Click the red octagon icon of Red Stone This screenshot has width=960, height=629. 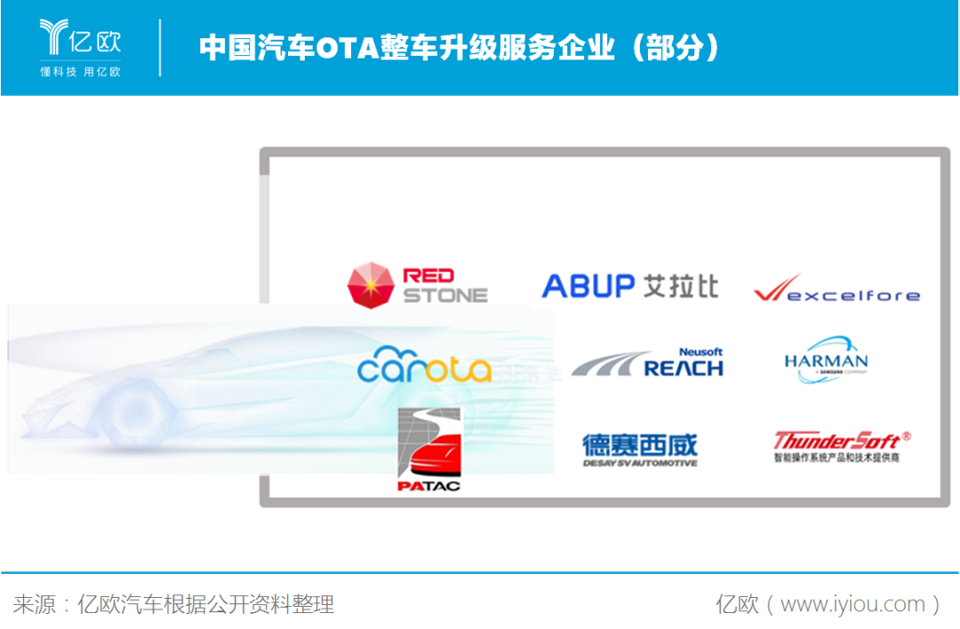pyautogui.click(x=372, y=284)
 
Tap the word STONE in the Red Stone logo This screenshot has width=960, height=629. pyautogui.click(x=445, y=295)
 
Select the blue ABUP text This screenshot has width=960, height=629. pyautogui.click(x=588, y=286)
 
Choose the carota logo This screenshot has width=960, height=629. pyautogui.click(x=424, y=365)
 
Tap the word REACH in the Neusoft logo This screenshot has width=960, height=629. pyautogui.click(x=683, y=368)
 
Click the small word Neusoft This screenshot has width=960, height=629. pyautogui.click(x=701, y=352)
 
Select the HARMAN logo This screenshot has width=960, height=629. pyautogui.click(x=826, y=361)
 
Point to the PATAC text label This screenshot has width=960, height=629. pyautogui.click(x=428, y=486)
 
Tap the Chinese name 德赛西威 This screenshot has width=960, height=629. pyautogui.click(x=640, y=444)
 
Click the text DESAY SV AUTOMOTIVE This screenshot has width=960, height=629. pyautogui.click(x=640, y=463)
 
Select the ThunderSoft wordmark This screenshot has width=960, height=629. pyautogui.click(x=836, y=440)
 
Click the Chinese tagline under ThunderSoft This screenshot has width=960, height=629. pyautogui.click(x=836, y=458)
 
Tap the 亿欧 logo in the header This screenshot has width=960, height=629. pyautogui.click(x=80, y=46)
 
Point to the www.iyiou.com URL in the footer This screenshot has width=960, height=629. pyautogui.click(x=852, y=605)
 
